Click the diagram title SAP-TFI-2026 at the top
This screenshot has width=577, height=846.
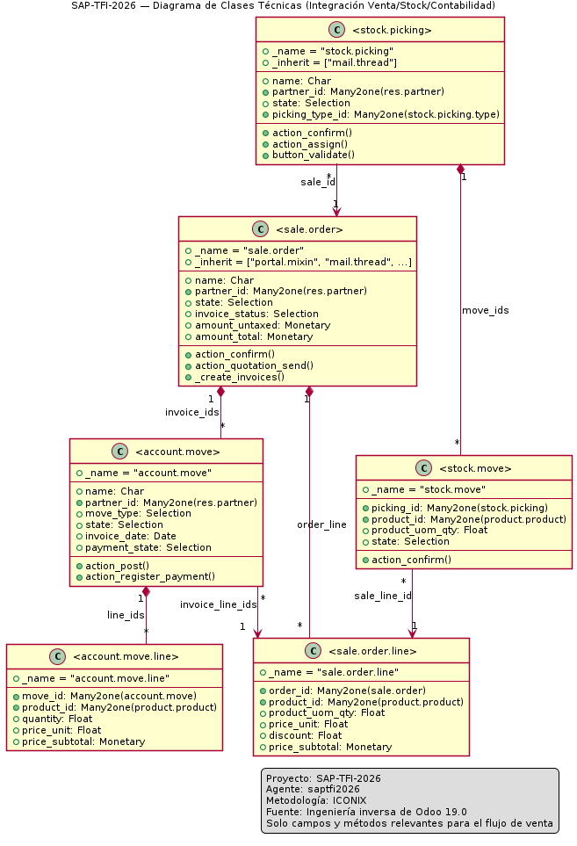pyautogui.click(x=283, y=6)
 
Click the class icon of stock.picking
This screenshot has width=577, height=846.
pyautogui.click(x=337, y=30)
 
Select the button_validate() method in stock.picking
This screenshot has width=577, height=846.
pyautogui.click(x=314, y=155)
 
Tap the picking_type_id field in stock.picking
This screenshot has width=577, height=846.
pyautogui.click(x=386, y=114)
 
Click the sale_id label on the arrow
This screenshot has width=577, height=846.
pyautogui.click(x=318, y=183)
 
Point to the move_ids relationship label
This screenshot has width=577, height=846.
pyautogui.click(x=486, y=310)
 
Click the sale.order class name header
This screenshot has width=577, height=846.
pyautogui.click(x=309, y=229)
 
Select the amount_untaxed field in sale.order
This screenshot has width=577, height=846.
pyautogui.click(x=263, y=325)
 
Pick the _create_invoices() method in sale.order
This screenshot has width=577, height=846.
pyautogui.click(x=240, y=377)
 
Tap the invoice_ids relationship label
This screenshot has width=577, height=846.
pyautogui.click(x=192, y=412)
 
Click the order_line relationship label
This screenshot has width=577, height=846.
pyautogui.click(x=322, y=524)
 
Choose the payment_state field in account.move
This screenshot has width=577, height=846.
pyautogui.click(x=148, y=547)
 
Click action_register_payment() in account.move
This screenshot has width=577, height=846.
pyautogui.click(x=150, y=577)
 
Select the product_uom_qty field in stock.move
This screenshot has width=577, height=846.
pyautogui.click(x=429, y=531)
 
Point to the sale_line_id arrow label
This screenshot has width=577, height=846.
pyautogui.click(x=383, y=596)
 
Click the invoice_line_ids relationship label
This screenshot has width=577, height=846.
pyautogui.click(x=219, y=604)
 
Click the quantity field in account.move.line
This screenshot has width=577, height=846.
pyautogui.click(x=57, y=719)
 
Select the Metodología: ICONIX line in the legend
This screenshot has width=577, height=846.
pyautogui.click(x=316, y=800)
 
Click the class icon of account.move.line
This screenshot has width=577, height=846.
pyautogui.click(x=57, y=656)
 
